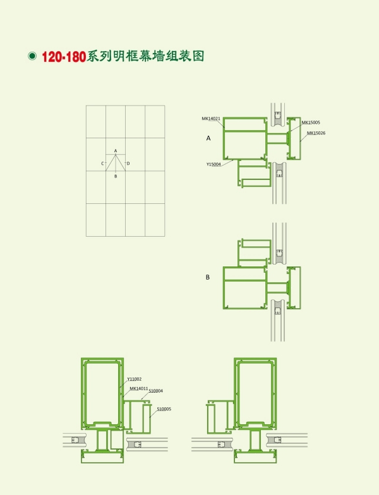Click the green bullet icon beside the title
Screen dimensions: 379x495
click(32, 56)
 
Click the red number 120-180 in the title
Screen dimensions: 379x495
click(64, 57)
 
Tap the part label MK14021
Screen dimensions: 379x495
click(211, 119)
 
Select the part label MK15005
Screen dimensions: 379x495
click(311, 122)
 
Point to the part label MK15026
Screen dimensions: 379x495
click(316, 133)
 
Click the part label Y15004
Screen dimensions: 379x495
click(214, 164)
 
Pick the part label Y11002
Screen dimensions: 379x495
click(134, 379)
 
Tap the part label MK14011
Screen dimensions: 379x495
click(139, 389)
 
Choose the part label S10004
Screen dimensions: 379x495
click(155, 391)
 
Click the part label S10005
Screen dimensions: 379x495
click(164, 409)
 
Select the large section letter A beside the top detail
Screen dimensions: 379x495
click(208, 138)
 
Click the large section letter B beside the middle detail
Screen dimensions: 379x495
click(207, 277)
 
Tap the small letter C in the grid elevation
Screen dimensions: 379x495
click(102, 164)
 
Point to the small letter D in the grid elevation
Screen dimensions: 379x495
click(128, 164)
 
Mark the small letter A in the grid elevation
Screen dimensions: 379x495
click(116, 151)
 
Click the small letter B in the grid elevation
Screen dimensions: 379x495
click(116, 176)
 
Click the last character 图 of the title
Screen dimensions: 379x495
click(198, 56)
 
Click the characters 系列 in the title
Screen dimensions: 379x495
click(99, 56)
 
